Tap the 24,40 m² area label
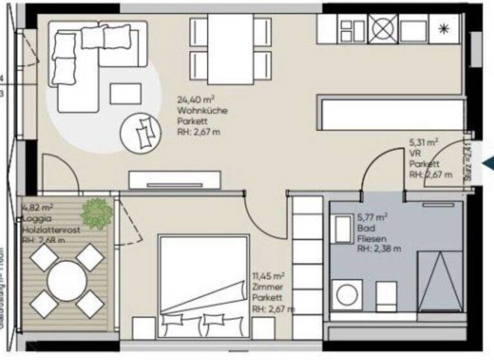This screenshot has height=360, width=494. coord(196,100)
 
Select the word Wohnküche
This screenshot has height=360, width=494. coord(201,111)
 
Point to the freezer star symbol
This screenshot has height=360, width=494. coord(444,29)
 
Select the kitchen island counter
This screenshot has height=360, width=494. coord(390,113)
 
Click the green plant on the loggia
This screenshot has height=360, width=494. coord(97,212)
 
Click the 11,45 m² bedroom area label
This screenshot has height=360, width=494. coord(268,277)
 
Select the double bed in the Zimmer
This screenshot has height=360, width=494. coord(203,283)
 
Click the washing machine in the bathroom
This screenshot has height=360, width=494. coord(348,294)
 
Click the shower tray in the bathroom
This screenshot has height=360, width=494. coord(439,279)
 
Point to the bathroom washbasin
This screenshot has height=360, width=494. coord(341,229)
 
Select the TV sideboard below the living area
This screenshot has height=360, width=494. coord(174,180)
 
